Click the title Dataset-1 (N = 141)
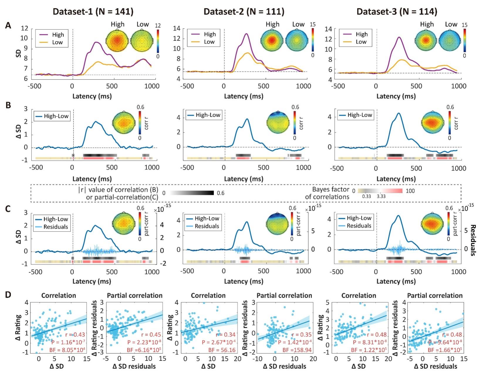coord(93,11)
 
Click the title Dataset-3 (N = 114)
coord(397,11)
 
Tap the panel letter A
coord(8,26)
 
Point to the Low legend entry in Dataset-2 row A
coord(209,42)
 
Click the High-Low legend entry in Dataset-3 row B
coord(360,115)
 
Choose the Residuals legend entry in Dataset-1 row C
coord(56,227)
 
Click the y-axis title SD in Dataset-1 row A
coord(18,53)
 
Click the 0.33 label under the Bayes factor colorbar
coord(367,196)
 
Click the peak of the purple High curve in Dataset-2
coord(246,34)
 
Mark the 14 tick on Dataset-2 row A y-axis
coord(177,29)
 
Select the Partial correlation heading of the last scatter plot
coord(435,295)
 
